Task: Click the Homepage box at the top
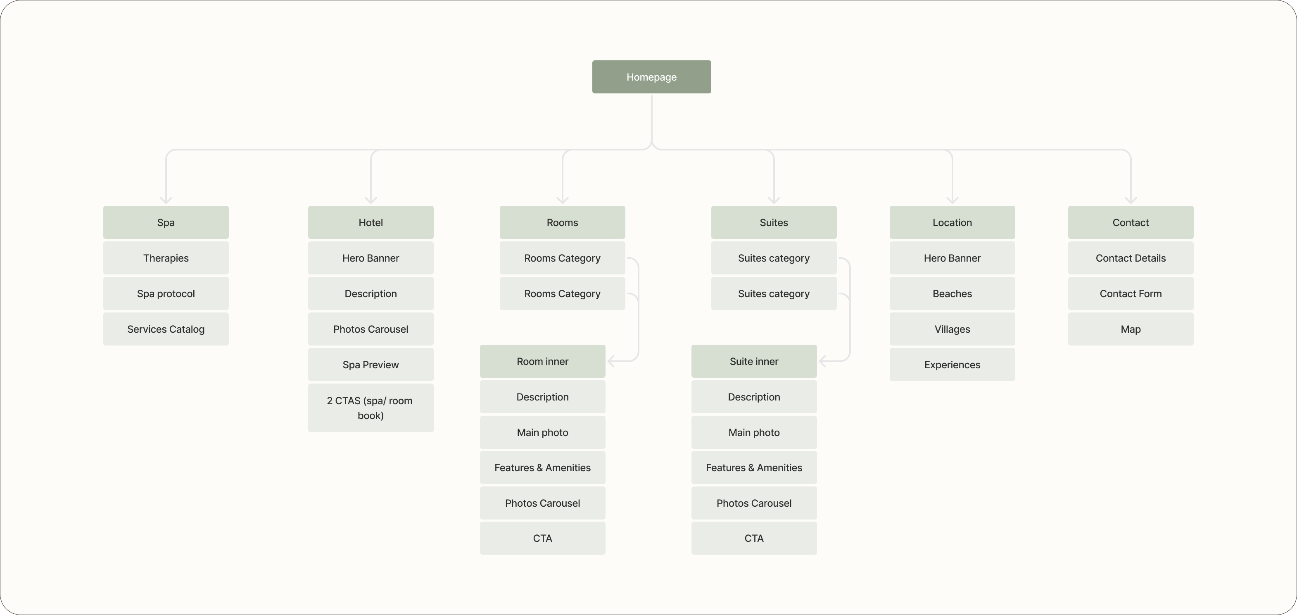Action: (x=651, y=77)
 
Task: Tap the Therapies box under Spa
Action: (x=166, y=258)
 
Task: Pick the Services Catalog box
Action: (x=166, y=329)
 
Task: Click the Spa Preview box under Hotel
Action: (x=371, y=365)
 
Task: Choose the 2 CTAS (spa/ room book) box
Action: (x=371, y=408)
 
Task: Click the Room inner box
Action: (x=542, y=361)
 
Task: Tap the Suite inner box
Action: (x=754, y=361)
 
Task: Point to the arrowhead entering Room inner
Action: (x=611, y=361)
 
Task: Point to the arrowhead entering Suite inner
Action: (x=822, y=361)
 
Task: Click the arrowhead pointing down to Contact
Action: (x=1131, y=200)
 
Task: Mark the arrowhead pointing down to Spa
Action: (x=166, y=200)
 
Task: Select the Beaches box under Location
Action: (x=952, y=293)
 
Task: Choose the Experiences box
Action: (x=952, y=365)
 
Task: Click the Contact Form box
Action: (x=1131, y=293)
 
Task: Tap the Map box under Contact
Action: (x=1131, y=329)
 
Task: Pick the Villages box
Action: (x=952, y=329)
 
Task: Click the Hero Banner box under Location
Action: (x=952, y=258)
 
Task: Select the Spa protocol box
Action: (x=166, y=293)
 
